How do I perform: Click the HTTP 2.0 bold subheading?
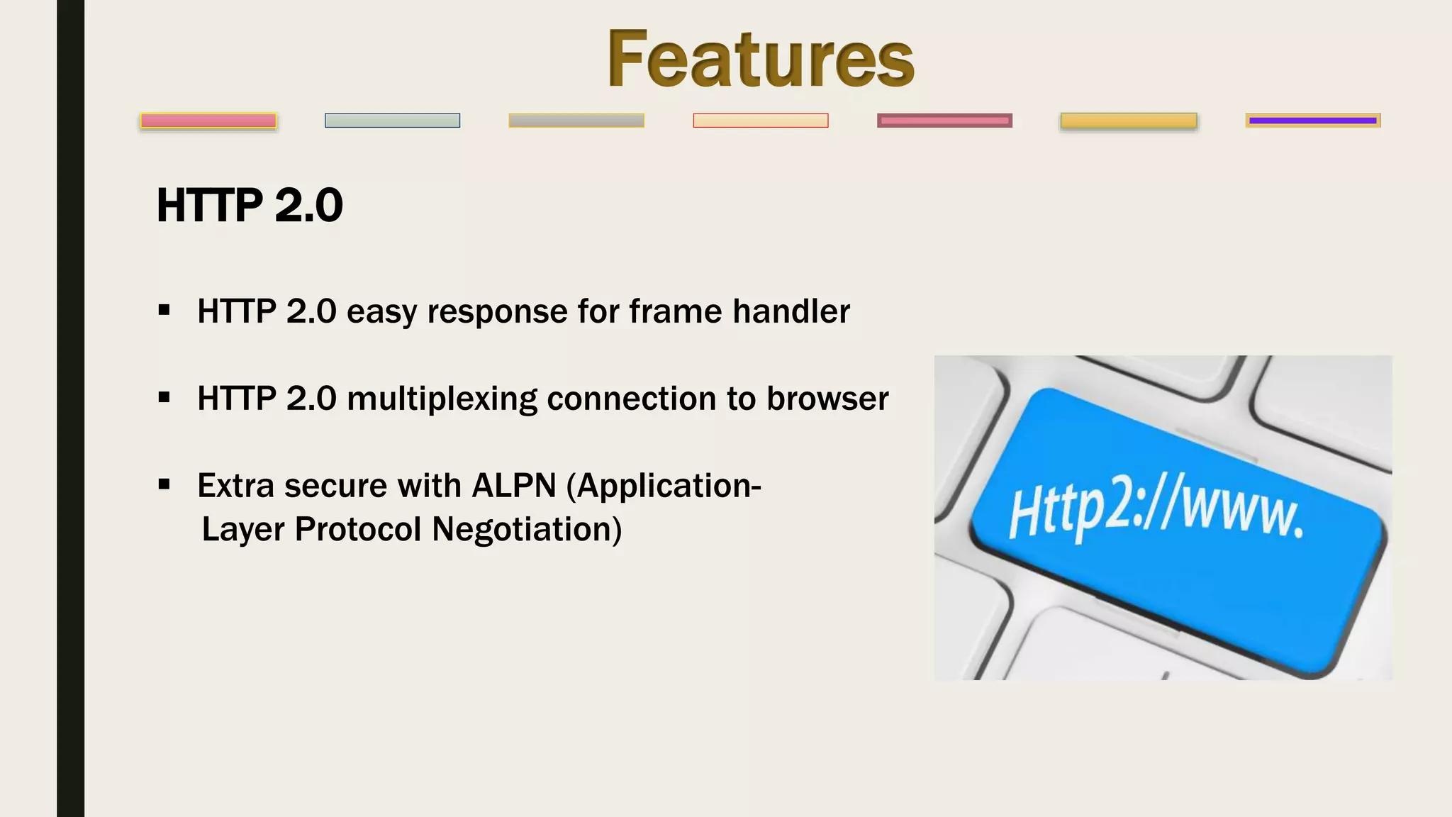click(250, 206)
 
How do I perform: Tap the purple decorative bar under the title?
click(1312, 121)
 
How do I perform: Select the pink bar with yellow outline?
click(208, 121)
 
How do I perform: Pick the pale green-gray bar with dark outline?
click(392, 121)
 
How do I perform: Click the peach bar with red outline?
click(760, 121)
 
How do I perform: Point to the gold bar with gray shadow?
click(1128, 121)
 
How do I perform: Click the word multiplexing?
click(441, 399)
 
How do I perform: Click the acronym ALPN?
click(514, 486)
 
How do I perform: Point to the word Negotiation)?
click(527, 529)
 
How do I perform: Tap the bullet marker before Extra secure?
click(164, 485)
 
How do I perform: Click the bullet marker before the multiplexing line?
click(164, 398)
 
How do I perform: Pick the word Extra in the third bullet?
click(235, 486)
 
